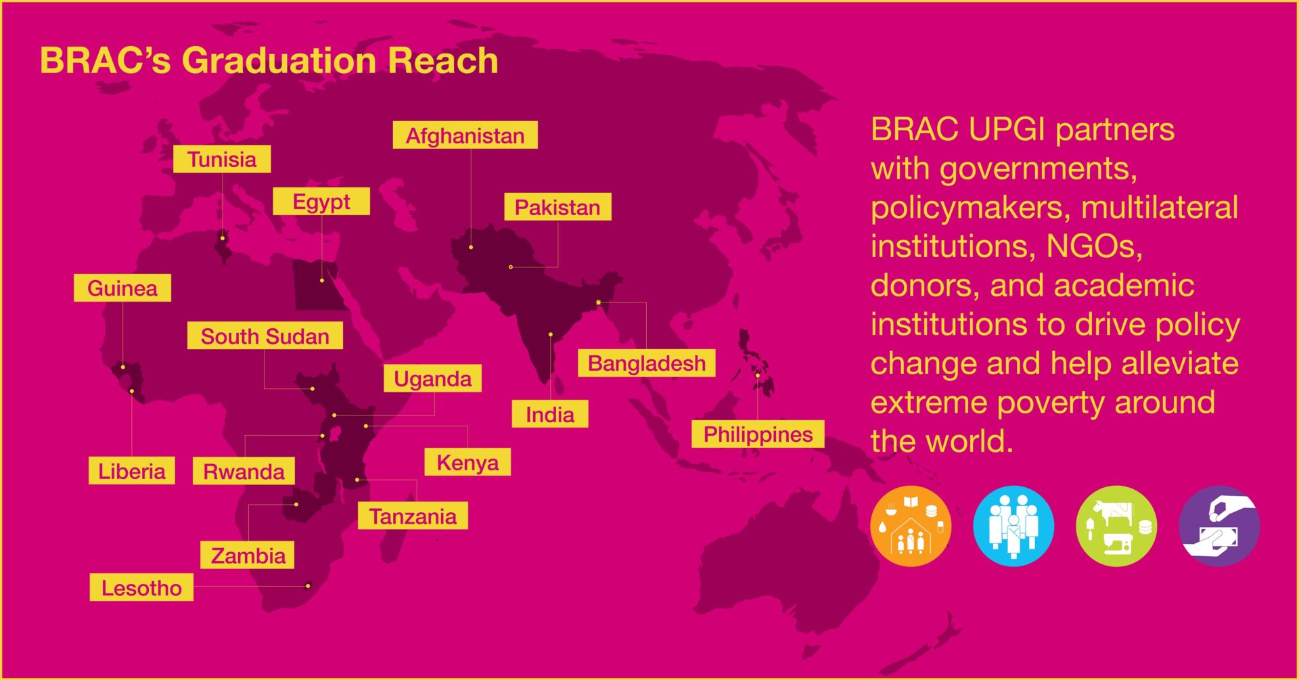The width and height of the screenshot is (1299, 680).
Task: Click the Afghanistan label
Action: tap(465, 135)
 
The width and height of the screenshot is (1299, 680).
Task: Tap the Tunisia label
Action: tap(222, 159)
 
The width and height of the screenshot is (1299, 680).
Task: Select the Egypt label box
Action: tap(321, 201)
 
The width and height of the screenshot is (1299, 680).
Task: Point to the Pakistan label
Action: tap(557, 206)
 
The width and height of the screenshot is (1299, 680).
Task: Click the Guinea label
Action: tap(122, 288)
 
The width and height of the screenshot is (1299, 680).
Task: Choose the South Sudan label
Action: tap(265, 336)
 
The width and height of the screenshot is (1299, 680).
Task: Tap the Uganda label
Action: tap(433, 378)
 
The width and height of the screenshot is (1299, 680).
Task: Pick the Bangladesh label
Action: tap(647, 363)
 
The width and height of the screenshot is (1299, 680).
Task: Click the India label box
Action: tap(550, 414)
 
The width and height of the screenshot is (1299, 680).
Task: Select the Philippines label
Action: tap(758, 434)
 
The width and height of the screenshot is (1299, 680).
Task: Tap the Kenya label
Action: tap(468, 462)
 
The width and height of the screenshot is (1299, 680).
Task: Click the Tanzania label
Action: tap(413, 516)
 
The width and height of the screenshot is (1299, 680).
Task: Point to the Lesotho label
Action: tap(141, 587)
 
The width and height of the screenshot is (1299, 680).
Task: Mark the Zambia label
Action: tap(248, 555)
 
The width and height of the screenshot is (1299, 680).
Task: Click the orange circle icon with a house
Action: tap(911, 526)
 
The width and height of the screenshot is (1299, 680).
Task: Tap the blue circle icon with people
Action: tap(1013, 526)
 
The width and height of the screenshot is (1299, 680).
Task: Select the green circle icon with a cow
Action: tap(1116, 526)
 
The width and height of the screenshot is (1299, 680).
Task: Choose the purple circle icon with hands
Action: tap(1219, 526)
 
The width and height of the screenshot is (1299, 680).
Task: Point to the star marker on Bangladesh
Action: tap(598, 302)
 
